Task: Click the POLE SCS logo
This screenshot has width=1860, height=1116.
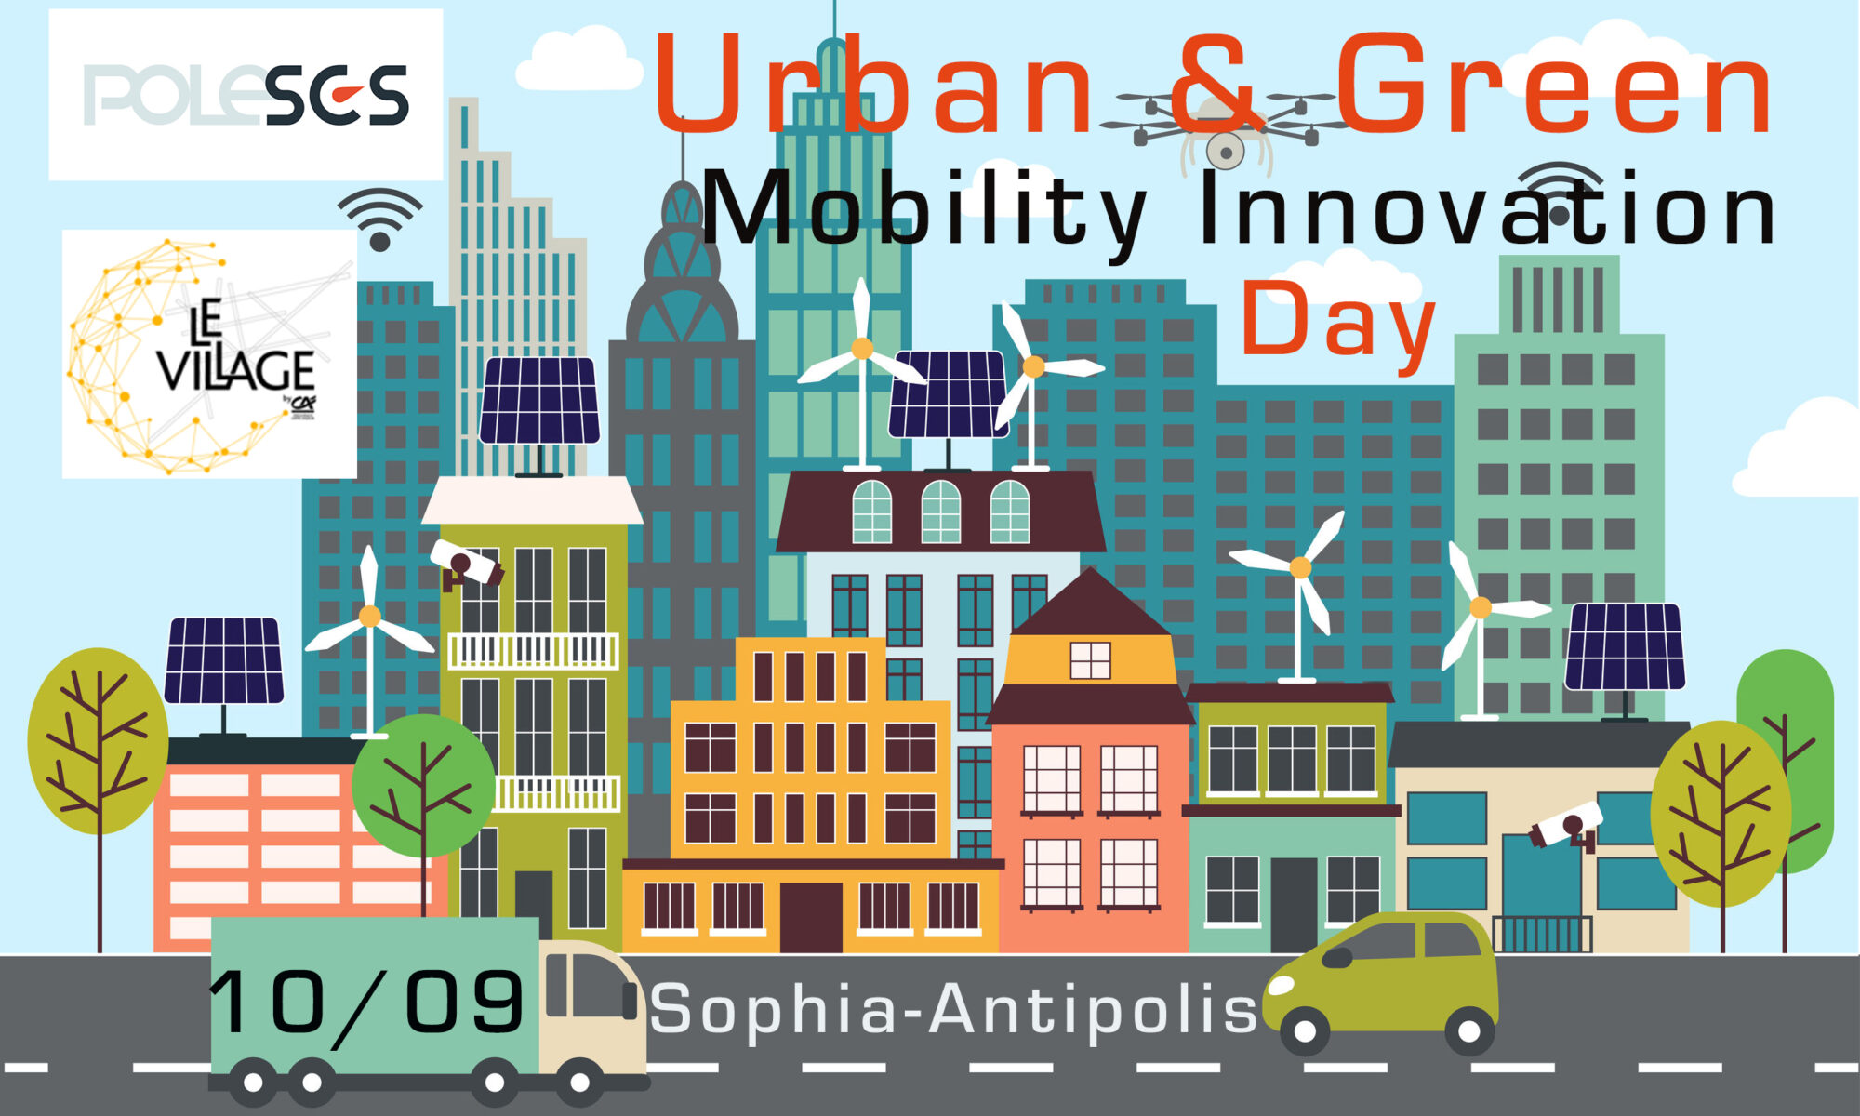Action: (x=246, y=95)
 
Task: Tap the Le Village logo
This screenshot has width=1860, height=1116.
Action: (x=209, y=354)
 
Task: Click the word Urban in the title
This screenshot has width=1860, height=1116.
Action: (x=875, y=86)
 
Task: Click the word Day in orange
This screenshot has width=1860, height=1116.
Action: (x=1338, y=321)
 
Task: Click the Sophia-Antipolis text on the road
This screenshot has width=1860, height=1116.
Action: (x=953, y=1008)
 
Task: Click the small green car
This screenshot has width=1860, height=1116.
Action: (x=1382, y=981)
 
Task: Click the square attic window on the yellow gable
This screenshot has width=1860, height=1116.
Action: (x=1090, y=660)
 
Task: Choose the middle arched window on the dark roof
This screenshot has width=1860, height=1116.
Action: (x=940, y=511)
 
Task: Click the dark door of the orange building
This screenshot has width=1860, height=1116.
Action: (x=811, y=917)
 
